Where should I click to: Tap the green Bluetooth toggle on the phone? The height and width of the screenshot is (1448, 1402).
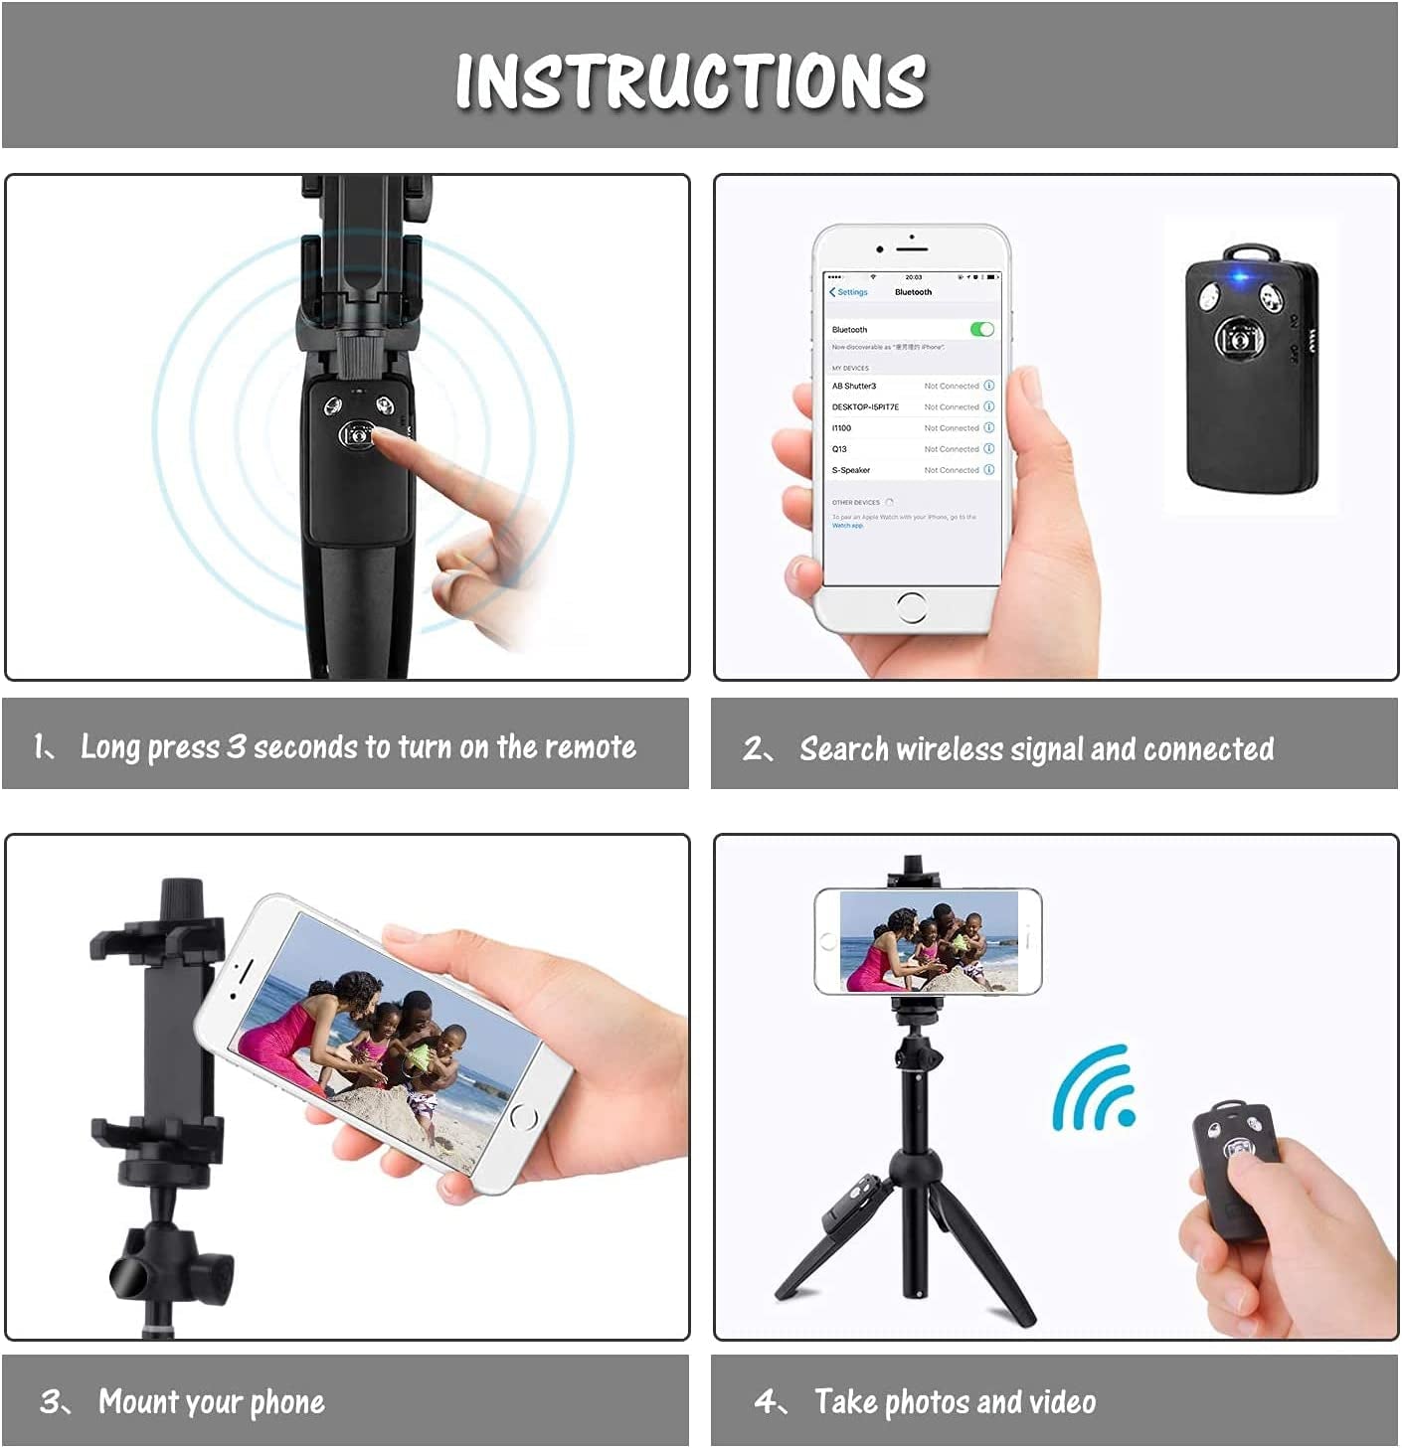pyautogui.click(x=981, y=329)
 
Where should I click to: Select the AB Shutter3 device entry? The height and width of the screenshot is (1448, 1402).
pyautogui.click(x=854, y=386)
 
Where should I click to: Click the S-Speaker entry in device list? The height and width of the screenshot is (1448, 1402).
pyautogui.click(x=851, y=470)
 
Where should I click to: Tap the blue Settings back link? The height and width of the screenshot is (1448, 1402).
pyautogui.click(x=849, y=292)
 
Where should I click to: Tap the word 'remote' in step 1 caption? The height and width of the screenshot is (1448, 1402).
pyautogui.click(x=592, y=747)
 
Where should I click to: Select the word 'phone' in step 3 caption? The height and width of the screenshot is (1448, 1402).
pyautogui.click(x=286, y=1402)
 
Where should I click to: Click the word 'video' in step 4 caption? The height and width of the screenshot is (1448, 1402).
pyautogui.click(x=1062, y=1402)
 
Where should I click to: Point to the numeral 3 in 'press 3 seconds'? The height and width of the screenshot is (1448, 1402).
pyautogui.click(x=236, y=746)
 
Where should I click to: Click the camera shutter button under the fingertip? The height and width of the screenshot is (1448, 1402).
pyautogui.click(x=358, y=434)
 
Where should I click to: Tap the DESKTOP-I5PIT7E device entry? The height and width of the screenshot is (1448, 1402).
pyautogui.click(x=865, y=406)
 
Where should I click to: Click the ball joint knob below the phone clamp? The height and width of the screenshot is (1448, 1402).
pyautogui.click(x=169, y=1262)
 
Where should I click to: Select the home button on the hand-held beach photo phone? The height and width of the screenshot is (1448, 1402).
pyautogui.click(x=523, y=1117)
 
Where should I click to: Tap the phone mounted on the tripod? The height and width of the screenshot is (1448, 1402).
pyautogui.click(x=928, y=941)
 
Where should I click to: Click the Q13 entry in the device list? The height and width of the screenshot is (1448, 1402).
pyautogui.click(x=840, y=449)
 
